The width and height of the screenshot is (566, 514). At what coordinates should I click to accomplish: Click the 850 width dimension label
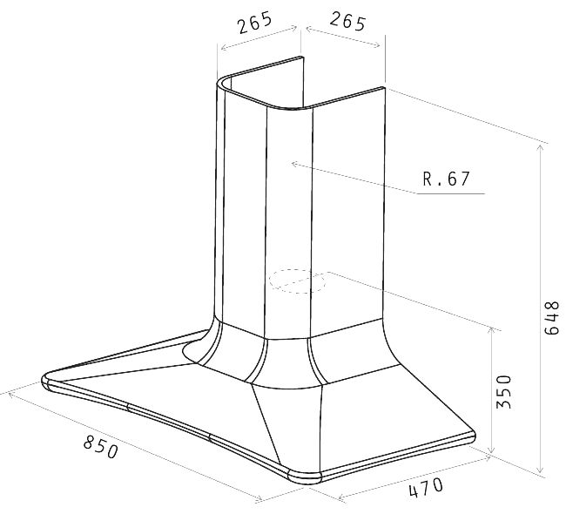[x=101, y=446]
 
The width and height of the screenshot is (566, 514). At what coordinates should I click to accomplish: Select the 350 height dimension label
[x=504, y=392]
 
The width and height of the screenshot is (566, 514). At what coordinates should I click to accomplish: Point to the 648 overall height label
[x=551, y=318]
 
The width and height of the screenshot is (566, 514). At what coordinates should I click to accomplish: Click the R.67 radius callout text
[x=447, y=179]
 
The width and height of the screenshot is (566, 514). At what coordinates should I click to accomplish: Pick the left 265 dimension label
[x=254, y=23]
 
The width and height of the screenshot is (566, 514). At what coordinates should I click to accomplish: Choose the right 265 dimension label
[x=347, y=21]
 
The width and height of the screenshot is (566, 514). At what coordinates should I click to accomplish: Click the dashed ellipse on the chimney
[x=297, y=281]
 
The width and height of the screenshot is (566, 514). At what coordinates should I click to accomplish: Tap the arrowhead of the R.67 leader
[x=293, y=165]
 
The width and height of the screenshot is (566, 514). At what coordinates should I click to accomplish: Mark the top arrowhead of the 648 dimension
[x=540, y=146]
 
